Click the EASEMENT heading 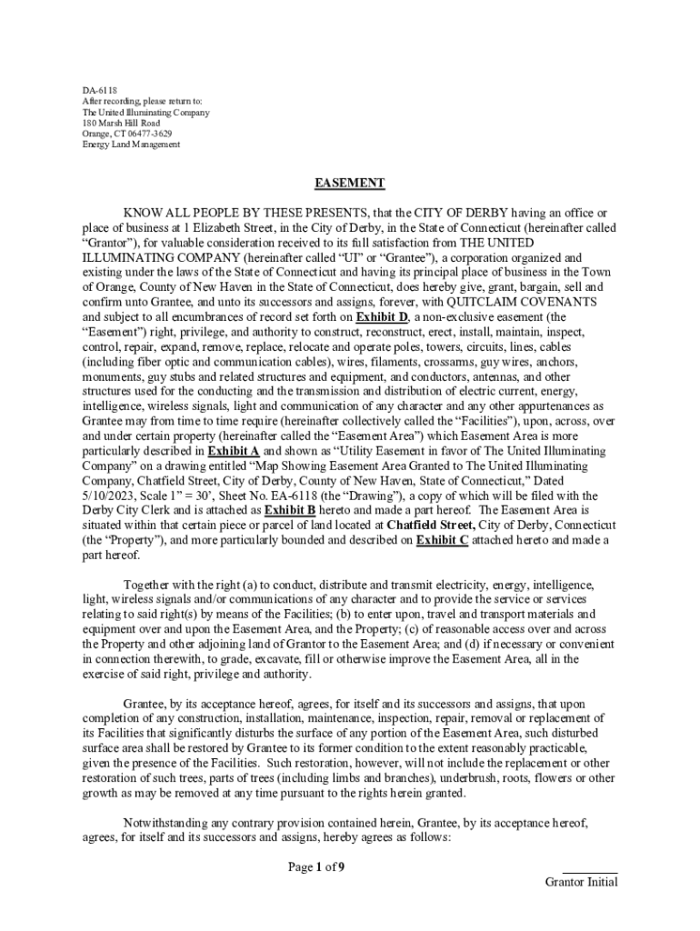350,183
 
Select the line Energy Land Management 131,145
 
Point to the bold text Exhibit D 381,316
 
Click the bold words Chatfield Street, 430,526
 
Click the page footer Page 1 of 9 316,866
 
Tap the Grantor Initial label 581,882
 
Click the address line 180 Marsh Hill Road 121,123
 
